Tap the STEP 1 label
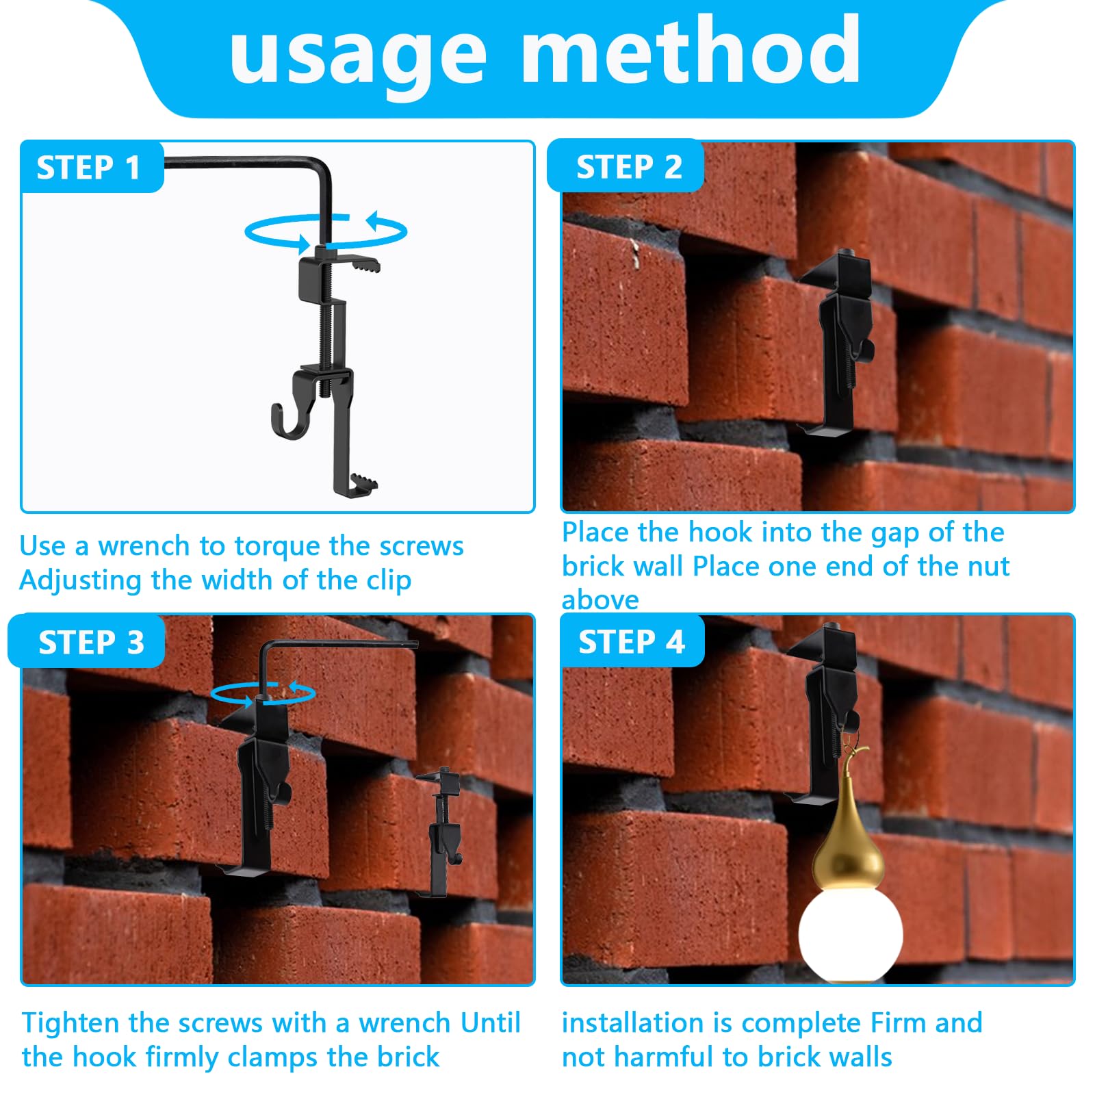(x=89, y=168)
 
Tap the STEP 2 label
(x=629, y=167)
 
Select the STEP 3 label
(x=91, y=643)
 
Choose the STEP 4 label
(x=631, y=642)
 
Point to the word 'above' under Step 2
(x=600, y=600)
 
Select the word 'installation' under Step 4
(x=632, y=1023)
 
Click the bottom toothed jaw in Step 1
(x=363, y=483)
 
